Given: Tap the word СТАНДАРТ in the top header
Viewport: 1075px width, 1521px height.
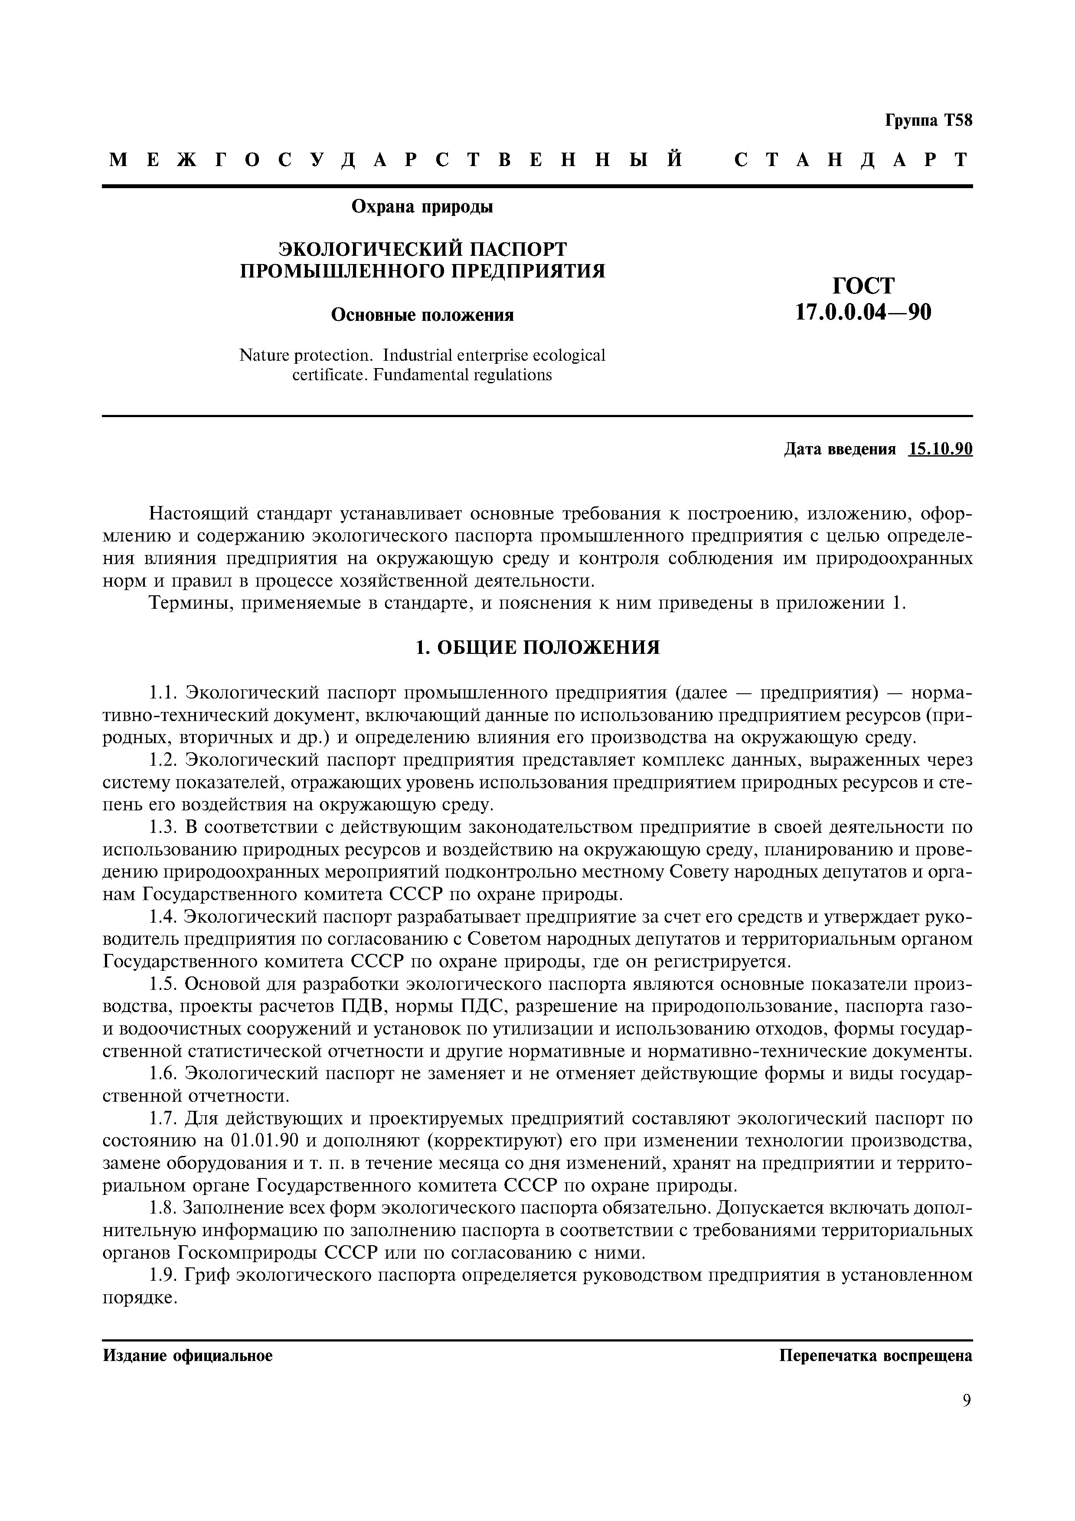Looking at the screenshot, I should click(x=851, y=160).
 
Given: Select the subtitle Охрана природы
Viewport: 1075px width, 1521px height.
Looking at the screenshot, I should click(x=422, y=207).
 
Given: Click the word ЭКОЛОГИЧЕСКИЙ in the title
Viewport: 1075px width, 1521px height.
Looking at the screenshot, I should click(x=368, y=249).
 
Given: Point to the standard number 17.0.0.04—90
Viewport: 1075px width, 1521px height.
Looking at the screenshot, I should click(x=863, y=311).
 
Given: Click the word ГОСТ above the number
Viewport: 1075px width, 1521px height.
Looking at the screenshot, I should click(x=863, y=286).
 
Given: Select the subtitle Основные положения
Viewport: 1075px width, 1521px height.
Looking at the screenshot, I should click(x=422, y=315).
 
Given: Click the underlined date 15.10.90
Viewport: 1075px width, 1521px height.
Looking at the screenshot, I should click(x=941, y=449).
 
